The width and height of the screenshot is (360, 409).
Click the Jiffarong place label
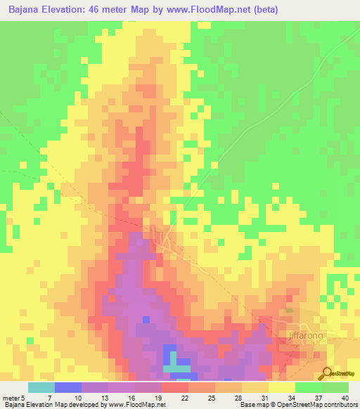pyautogui.click(x=308, y=336)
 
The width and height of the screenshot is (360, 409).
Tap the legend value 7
pyautogui.click(x=68, y=398)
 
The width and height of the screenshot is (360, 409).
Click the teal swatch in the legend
pyautogui.click(x=41, y=387)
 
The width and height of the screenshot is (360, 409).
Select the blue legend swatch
pyautogui.click(x=68, y=387)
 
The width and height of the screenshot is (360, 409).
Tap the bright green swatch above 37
pyautogui.click(x=309, y=387)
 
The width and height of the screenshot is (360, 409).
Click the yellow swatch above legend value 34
pyautogui.click(x=282, y=387)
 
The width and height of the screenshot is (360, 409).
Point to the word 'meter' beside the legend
pyautogui.click(x=11, y=398)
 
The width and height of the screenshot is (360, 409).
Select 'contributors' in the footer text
pyautogui.click(x=340, y=405)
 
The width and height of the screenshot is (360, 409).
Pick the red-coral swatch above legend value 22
pyautogui.click(x=175, y=387)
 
